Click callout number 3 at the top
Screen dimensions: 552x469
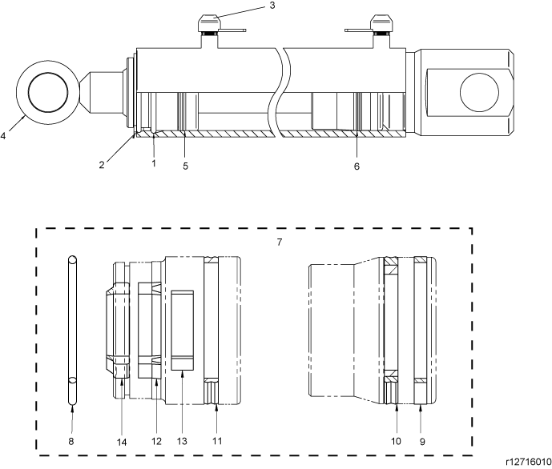click(x=272, y=6)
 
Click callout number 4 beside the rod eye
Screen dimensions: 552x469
click(x=3, y=136)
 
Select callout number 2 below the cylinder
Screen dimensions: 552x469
click(x=102, y=165)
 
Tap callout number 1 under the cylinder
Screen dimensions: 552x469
click(x=154, y=163)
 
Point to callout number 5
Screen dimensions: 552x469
click(x=186, y=166)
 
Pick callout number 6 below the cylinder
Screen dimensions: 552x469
click(x=357, y=166)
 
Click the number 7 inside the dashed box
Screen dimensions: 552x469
click(x=279, y=243)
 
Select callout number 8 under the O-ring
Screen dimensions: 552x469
click(x=71, y=441)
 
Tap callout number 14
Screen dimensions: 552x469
click(x=122, y=443)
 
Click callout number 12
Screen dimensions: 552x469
click(x=156, y=441)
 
